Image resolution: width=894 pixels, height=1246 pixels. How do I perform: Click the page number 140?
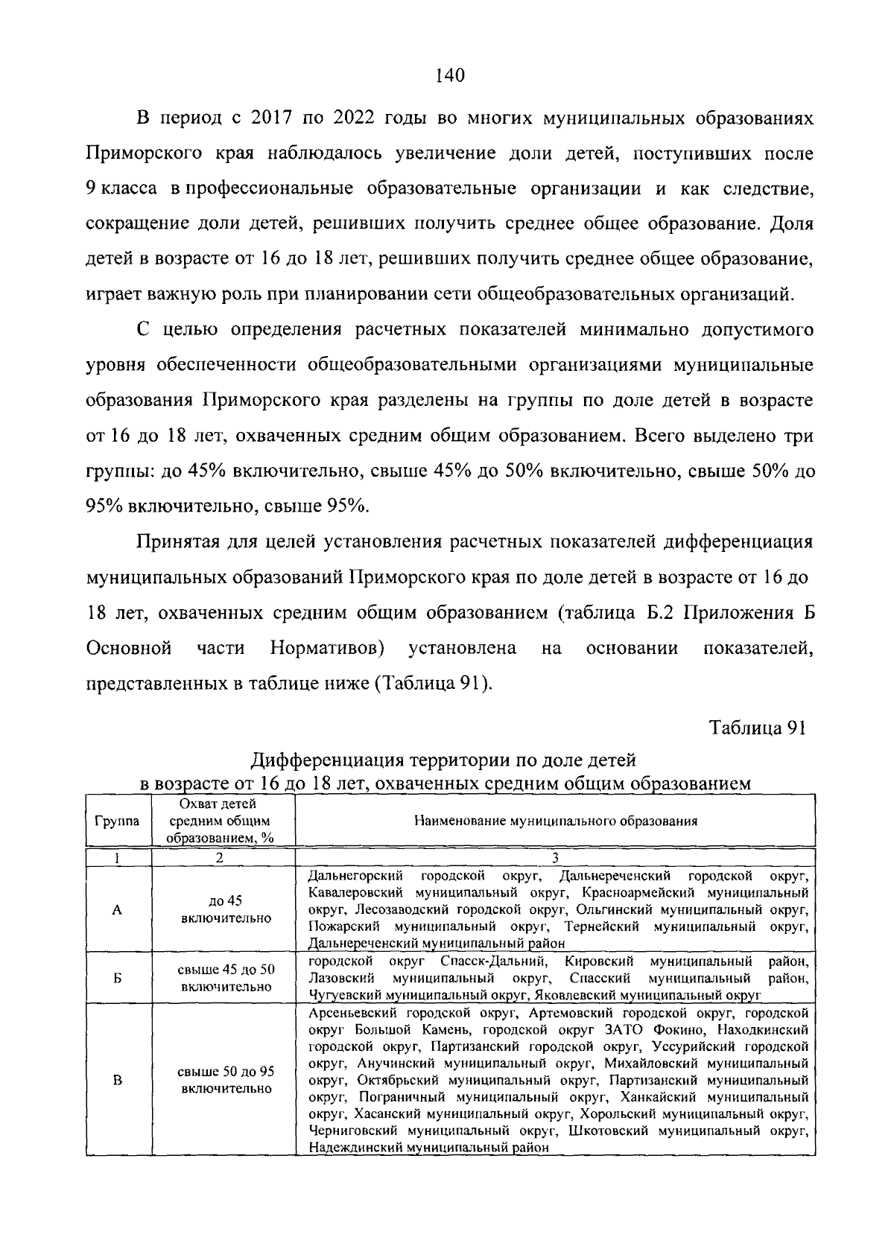(x=448, y=75)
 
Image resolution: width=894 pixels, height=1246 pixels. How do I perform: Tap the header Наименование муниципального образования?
(x=555, y=821)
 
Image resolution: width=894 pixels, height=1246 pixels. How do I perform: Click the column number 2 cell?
(x=220, y=857)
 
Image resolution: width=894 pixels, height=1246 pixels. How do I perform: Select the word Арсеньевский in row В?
(x=352, y=1014)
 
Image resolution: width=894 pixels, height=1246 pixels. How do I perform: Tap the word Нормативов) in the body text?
(x=327, y=648)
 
